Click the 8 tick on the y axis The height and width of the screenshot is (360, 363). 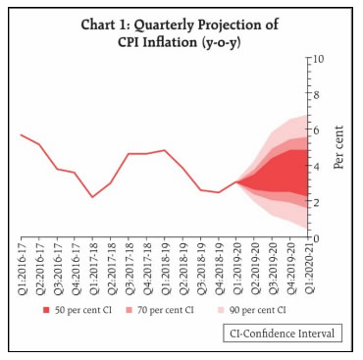point(319,94)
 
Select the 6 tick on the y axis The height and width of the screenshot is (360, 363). point(319,130)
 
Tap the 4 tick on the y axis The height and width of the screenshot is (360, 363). point(319,167)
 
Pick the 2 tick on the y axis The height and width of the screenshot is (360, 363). point(319,202)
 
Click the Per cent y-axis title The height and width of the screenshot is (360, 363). point(339,147)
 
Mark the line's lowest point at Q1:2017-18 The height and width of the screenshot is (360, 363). point(93,197)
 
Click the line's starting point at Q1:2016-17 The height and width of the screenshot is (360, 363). point(22,134)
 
